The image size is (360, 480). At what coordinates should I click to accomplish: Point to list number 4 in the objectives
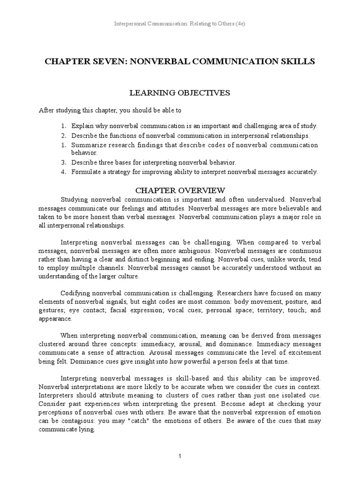(x=64, y=172)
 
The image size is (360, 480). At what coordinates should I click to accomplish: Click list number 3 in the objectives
(x=64, y=162)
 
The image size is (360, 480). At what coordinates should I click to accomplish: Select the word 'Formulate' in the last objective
(x=85, y=172)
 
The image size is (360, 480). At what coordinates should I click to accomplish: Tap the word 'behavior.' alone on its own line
(x=84, y=153)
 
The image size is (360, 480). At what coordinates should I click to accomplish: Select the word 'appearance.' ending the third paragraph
(x=55, y=318)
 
